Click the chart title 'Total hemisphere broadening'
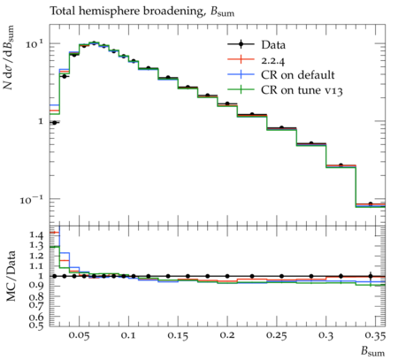point(127,11)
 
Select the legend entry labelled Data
point(256,45)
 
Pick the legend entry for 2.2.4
point(256,60)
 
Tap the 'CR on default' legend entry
point(281,75)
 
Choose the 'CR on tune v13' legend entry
point(285,90)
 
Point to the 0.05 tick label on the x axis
point(79,336)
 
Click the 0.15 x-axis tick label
point(178,336)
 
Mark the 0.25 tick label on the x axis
point(277,336)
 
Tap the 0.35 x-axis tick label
point(375,336)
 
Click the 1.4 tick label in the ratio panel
point(36,235)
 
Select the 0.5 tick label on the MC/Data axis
point(36,325)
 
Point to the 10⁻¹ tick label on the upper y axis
point(32,200)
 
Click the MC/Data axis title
point(11,276)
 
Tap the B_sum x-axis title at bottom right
point(373,351)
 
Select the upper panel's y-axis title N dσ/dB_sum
point(9,57)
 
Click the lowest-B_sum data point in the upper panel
point(54,123)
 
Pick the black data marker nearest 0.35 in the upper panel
point(371,204)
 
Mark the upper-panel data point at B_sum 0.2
point(227,103)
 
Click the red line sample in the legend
point(241,59)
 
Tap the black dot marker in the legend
point(241,44)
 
